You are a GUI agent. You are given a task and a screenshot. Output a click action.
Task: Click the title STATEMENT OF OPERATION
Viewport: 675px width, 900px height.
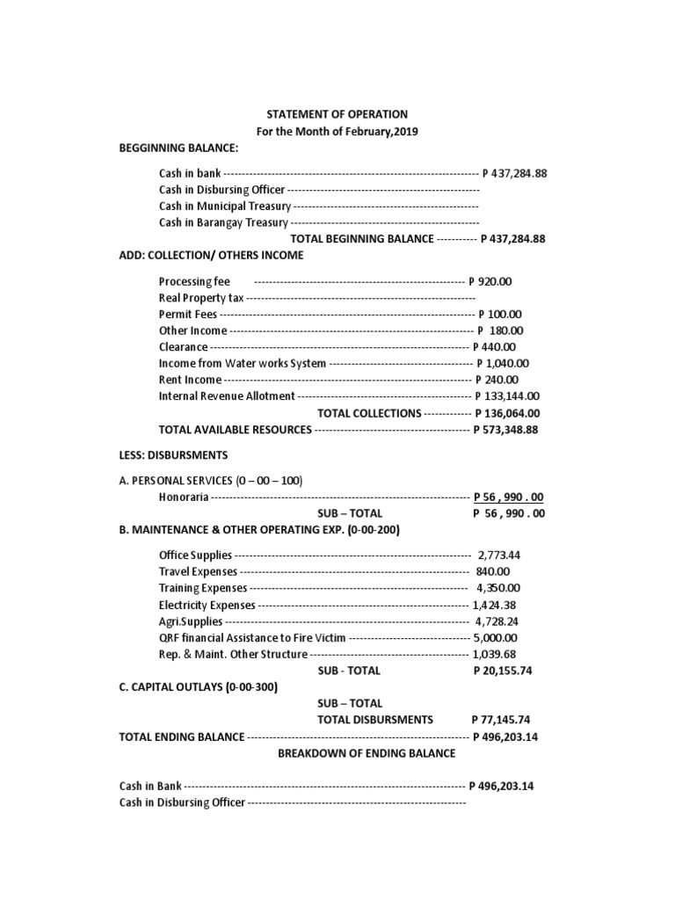click(x=337, y=114)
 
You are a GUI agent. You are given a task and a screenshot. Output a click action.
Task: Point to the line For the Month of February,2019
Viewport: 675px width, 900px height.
click(x=337, y=132)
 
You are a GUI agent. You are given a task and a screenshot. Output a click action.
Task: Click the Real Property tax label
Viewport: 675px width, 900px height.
click(x=201, y=298)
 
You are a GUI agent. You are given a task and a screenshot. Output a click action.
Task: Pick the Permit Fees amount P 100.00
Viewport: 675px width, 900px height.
click(x=499, y=314)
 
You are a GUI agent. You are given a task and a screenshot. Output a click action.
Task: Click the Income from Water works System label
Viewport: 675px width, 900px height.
click(x=243, y=363)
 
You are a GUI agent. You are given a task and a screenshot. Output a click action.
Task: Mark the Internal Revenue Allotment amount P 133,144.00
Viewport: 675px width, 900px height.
click(x=507, y=396)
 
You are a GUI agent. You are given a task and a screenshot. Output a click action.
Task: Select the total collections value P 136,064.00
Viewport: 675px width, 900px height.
click(x=507, y=413)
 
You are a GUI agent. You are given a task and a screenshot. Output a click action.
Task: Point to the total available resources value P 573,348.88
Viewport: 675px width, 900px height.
click(x=505, y=430)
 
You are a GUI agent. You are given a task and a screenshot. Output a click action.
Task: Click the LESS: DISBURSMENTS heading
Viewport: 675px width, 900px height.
click(x=173, y=455)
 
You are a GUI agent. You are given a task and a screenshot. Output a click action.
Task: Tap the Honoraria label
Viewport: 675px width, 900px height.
click(x=184, y=497)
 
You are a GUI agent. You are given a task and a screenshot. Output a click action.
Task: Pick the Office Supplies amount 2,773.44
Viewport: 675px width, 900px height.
click(x=499, y=555)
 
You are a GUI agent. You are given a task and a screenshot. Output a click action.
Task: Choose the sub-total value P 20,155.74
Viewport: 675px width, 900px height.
click(x=503, y=671)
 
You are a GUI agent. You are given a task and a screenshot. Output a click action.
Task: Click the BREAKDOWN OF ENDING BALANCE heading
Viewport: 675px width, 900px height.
click(x=367, y=753)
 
